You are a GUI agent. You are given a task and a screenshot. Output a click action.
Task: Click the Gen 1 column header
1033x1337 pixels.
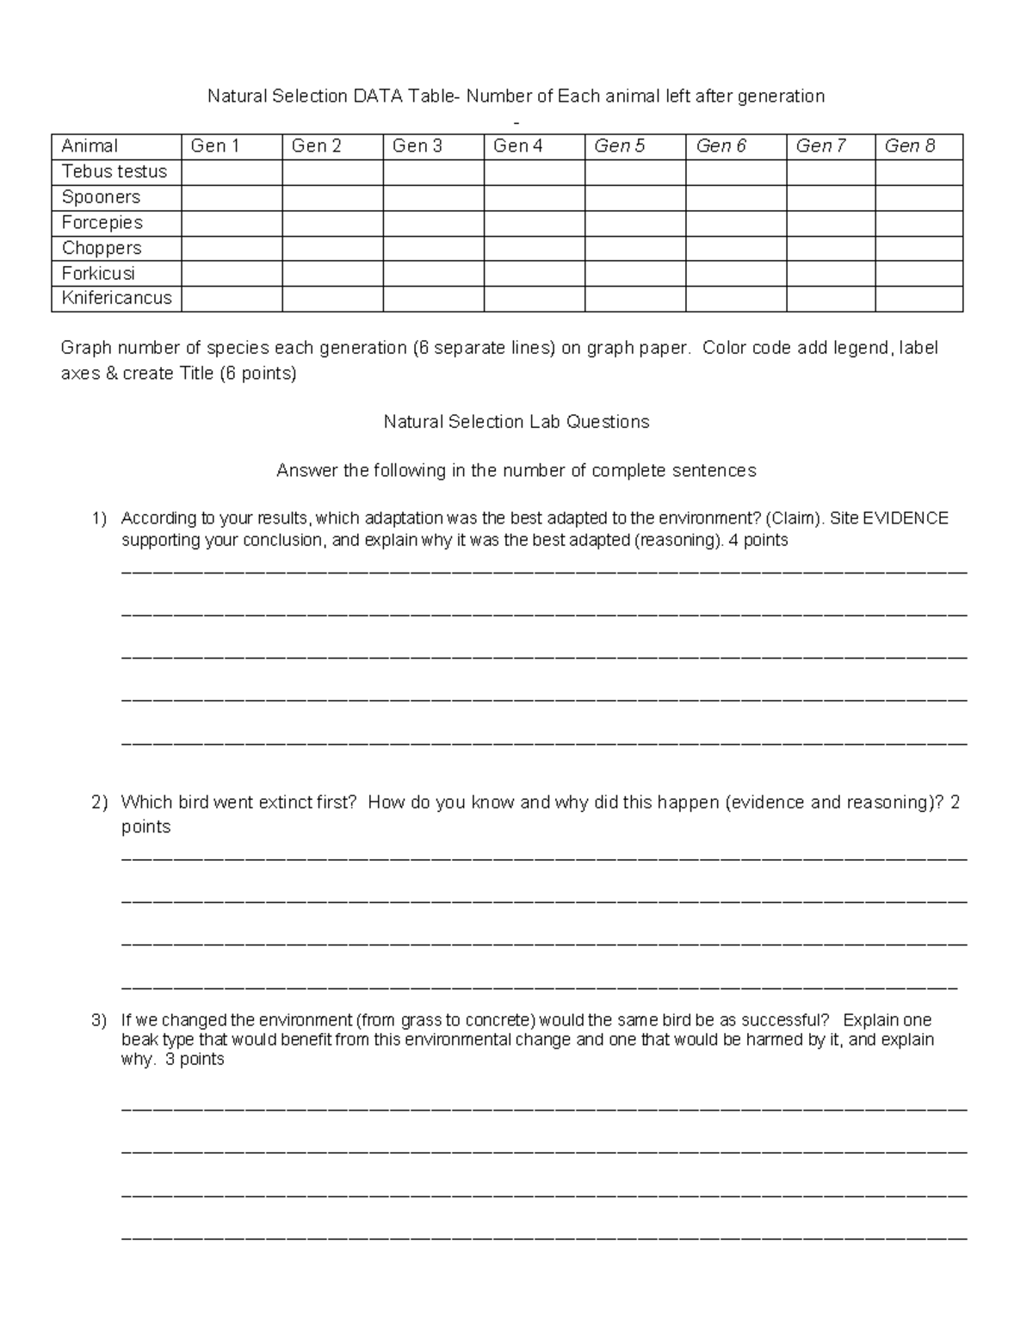(214, 146)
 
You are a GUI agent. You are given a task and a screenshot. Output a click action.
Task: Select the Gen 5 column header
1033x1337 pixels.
(619, 146)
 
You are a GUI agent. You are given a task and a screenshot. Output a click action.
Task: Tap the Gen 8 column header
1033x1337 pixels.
(909, 146)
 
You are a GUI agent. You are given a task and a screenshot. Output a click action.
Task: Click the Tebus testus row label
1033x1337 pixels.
(114, 172)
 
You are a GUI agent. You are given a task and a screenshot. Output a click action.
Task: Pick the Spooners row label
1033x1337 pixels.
(101, 197)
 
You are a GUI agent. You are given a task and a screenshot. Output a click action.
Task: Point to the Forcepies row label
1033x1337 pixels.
(102, 223)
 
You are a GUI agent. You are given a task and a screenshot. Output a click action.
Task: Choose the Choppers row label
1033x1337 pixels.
(102, 248)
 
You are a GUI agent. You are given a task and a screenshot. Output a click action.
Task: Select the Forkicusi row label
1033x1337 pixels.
(98, 274)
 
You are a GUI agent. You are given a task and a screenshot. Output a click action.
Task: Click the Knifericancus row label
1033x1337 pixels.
(116, 299)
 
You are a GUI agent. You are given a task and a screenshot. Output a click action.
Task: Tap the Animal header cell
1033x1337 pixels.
(90, 146)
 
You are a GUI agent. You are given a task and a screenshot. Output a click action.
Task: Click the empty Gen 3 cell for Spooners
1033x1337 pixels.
(433, 198)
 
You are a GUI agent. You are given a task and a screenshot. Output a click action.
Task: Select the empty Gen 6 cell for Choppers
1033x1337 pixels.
(735, 249)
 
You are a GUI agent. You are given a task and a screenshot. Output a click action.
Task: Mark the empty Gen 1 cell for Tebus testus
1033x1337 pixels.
(232, 172)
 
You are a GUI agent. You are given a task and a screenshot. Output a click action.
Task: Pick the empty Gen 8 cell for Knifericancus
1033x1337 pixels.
(919, 300)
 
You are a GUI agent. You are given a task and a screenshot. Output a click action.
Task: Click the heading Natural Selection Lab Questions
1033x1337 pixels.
(516, 422)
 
